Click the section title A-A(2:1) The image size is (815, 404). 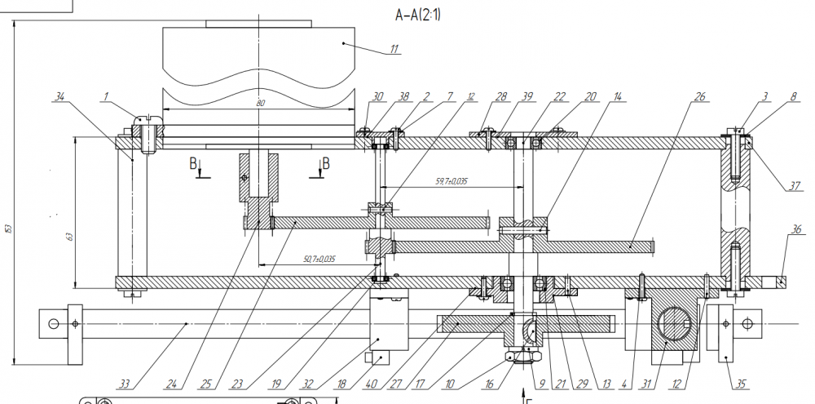419,15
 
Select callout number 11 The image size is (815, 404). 394,48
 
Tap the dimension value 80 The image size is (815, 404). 261,104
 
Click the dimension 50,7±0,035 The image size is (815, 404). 318,259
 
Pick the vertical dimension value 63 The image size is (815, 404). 69,237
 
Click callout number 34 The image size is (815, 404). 59,95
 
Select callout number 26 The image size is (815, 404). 699,96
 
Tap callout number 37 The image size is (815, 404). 795,185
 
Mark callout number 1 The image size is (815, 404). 105,95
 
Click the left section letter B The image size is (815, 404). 194,163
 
